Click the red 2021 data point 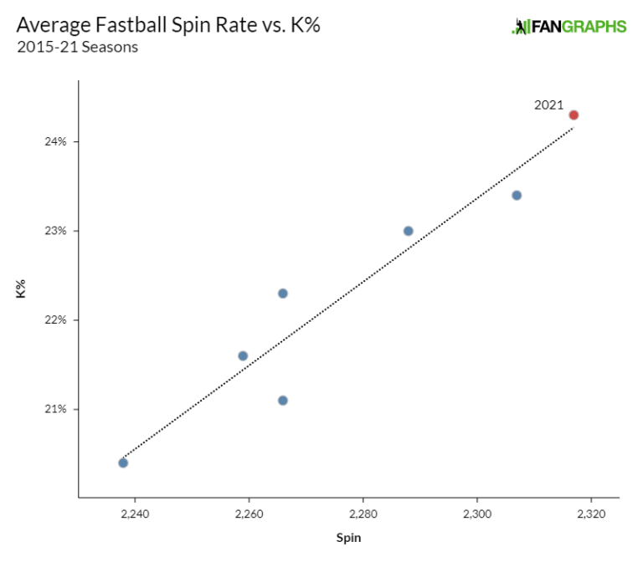[x=574, y=115]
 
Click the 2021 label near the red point [x=549, y=105]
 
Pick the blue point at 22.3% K [x=283, y=294]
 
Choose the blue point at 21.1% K [x=283, y=401]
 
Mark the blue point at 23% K [x=409, y=231]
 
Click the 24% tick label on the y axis [x=56, y=141]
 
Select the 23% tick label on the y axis [x=56, y=231]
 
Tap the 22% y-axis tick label [x=56, y=320]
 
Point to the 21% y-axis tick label [x=56, y=409]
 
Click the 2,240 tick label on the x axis [x=135, y=513]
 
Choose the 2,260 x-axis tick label [x=249, y=513]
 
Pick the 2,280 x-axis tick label [x=363, y=513]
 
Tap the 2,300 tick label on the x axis [x=477, y=513]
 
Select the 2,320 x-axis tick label [x=591, y=513]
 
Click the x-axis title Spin [x=349, y=538]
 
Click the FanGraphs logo [x=568, y=27]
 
